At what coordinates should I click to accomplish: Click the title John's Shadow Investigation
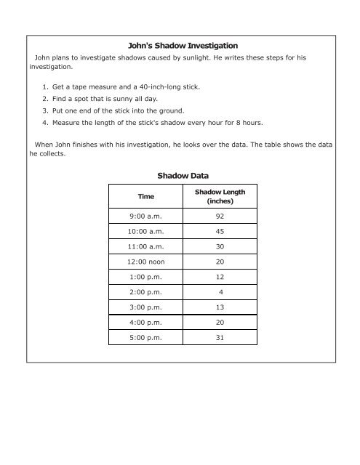click(x=179, y=46)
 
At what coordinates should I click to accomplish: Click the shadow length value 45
click(x=220, y=232)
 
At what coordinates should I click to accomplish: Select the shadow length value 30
click(x=220, y=250)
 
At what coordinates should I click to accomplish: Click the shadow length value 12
click(x=220, y=284)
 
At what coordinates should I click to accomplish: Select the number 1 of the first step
click(x=45, y=86)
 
